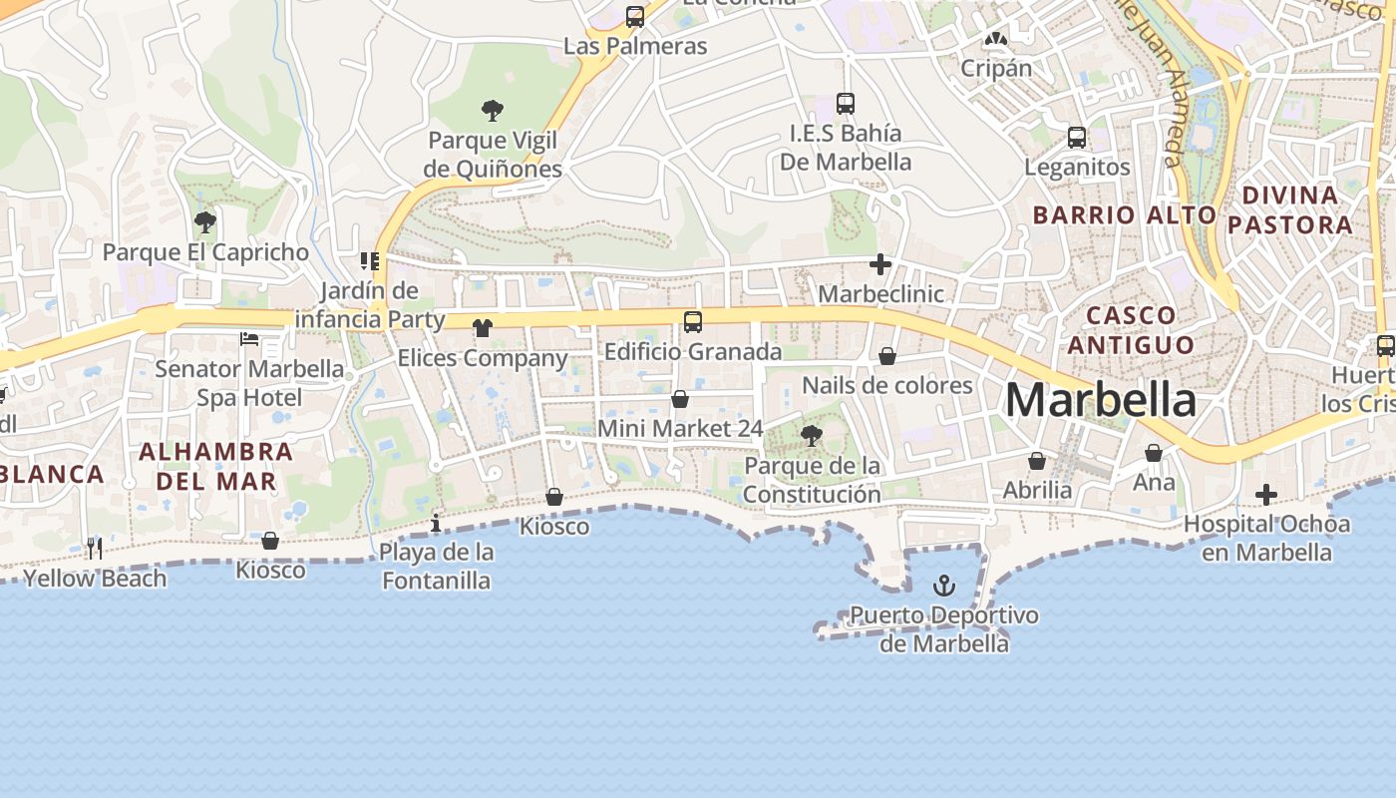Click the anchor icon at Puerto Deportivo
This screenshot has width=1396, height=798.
coord(943,586)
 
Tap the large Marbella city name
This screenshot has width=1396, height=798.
coord(1100,400)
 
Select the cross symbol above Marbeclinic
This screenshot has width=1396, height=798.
coord(879,264)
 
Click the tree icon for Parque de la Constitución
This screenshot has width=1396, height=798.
coord(812,435)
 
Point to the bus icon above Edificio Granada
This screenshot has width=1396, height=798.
coord(692,322)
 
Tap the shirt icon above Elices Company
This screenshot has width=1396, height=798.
coord(483,328)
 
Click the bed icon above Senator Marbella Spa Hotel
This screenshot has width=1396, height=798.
coord(249,339)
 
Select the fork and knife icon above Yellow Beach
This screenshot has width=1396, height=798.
coord(95,548)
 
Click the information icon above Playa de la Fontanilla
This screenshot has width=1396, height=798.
coord(436,523)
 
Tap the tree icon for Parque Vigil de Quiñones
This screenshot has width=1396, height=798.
coord(492,110)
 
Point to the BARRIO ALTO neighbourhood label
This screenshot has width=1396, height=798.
coord(1124,214)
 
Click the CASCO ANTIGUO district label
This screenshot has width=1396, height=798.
coord(1130,330)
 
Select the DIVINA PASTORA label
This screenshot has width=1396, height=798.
coord(1290,209)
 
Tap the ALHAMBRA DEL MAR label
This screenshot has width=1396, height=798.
coord(215,466)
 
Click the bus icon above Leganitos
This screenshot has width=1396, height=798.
coord(1077,138)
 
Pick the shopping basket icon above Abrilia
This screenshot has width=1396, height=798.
coord(1037,461)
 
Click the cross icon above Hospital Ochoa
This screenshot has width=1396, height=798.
coord(1265,495)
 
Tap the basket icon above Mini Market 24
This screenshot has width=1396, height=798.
coord(680,400)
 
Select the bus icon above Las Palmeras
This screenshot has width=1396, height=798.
coord(635,17)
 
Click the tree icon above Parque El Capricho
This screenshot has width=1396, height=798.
coord(205,221)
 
